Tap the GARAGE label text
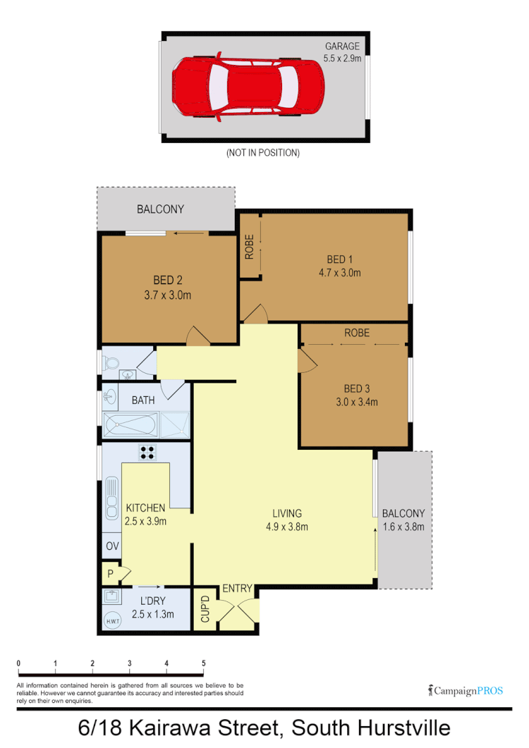pos(342,47)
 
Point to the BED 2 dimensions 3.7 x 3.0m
pos(167,295)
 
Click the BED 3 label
pos(357,388)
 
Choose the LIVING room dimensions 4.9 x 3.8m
pos(286,526)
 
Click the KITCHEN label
pos(145,508)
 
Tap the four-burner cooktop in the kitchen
pos(147,453)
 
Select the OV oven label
pos(111,546)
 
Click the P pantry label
pos(111,573)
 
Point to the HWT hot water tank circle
pos(112,620)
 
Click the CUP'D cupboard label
pos(205,608)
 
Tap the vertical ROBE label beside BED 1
pos(249,247)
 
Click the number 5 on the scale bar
pos(204,663)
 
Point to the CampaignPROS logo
pos(466,690)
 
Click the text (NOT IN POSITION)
pos(262,152)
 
